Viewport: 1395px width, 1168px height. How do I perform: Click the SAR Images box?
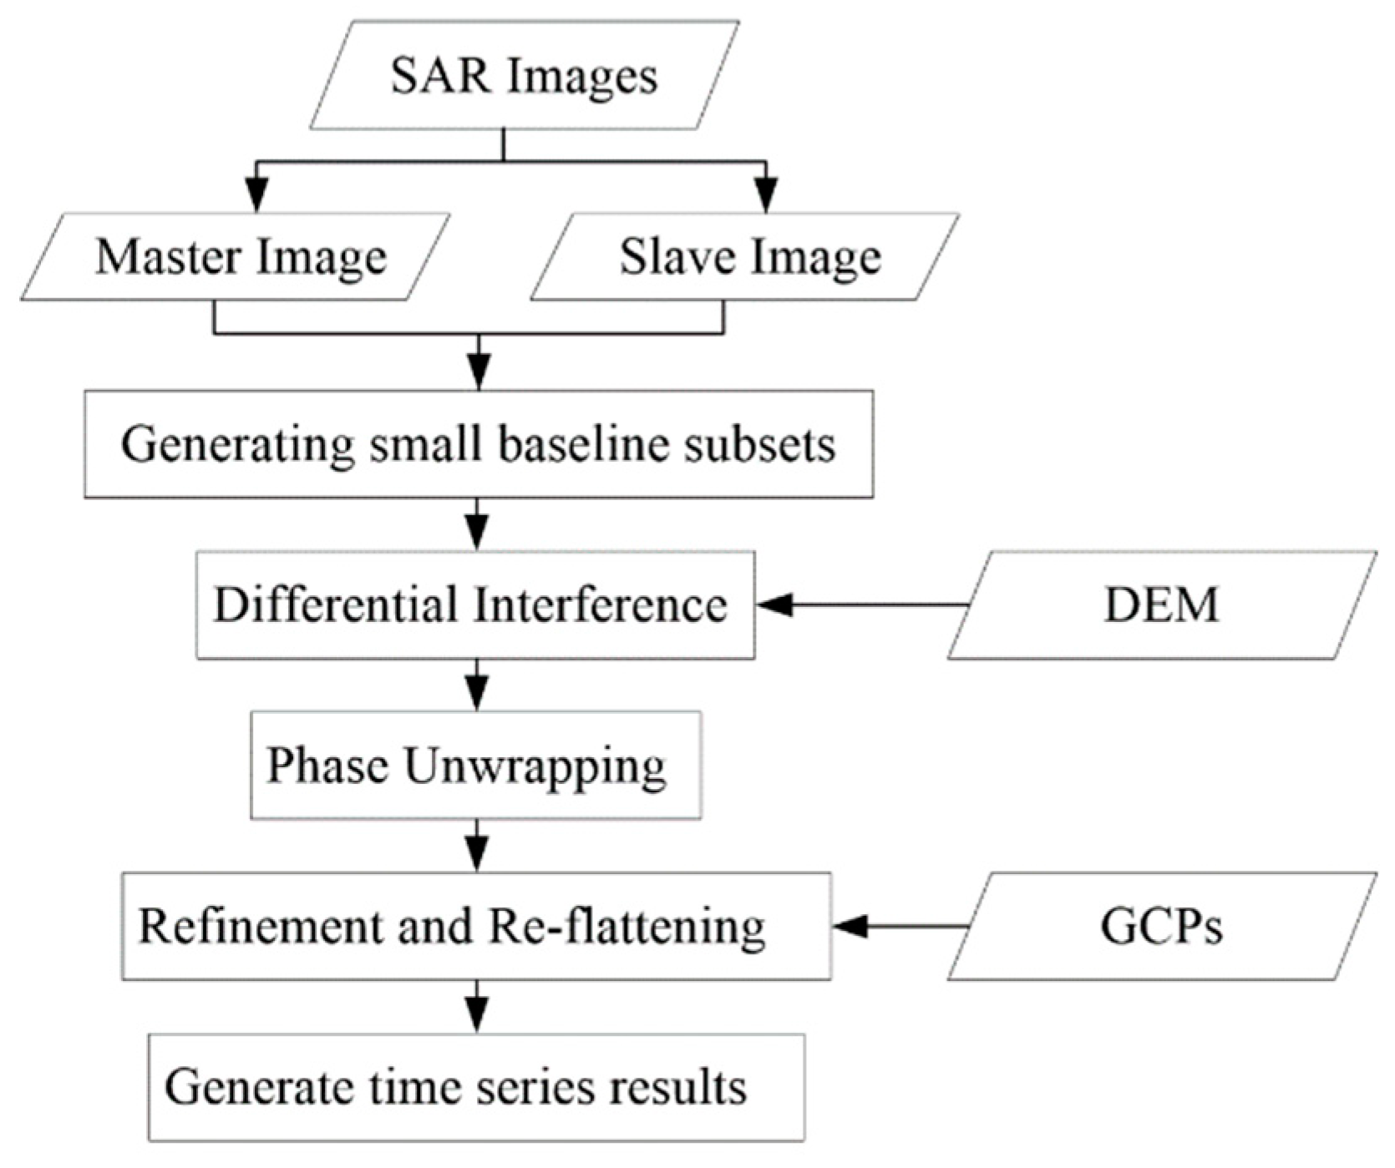(x=524, y=75)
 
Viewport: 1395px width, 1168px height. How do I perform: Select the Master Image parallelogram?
(x=236, y=257)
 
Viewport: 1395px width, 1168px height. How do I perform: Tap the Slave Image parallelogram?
(x=746, y=257)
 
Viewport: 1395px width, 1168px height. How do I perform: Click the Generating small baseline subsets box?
(x=479, y=444)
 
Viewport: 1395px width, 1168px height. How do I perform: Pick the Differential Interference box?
(x=475, y=605)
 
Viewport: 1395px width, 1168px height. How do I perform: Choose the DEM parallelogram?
(x=1161, y=605)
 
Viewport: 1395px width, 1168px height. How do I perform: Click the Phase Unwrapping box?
(x=475, y=766)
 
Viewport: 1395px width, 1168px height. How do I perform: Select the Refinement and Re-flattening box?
(x=476, y=926)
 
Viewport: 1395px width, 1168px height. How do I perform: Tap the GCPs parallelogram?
(x=1161, y=926)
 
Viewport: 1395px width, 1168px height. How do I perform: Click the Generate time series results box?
(x=476, y=1087)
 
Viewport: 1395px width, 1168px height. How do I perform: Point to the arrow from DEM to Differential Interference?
(x=860, y=605)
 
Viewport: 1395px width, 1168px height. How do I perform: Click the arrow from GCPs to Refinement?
(x=900, y=926)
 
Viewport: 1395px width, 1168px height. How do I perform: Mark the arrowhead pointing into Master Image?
(x=258, y=196)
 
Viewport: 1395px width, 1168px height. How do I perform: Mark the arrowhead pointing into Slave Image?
(x=766, y=196)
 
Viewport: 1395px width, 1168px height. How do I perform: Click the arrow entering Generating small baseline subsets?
(x=478, y=367)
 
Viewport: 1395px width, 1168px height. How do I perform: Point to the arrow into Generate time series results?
(x=476, y=1009)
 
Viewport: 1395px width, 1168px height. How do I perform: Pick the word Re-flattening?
(x=626, y=926)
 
